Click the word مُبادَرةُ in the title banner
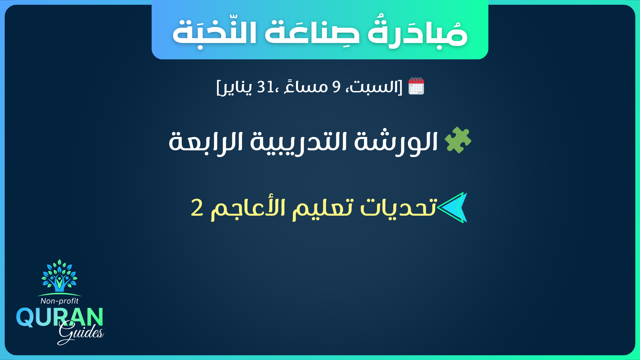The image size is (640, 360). click(x=418, y=33)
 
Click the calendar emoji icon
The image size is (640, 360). click(x=416, y=86)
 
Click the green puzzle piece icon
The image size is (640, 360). click(x=458, y=140)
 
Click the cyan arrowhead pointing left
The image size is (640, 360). click(x=453, y=207)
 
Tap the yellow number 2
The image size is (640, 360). click(x=197, y=207)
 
